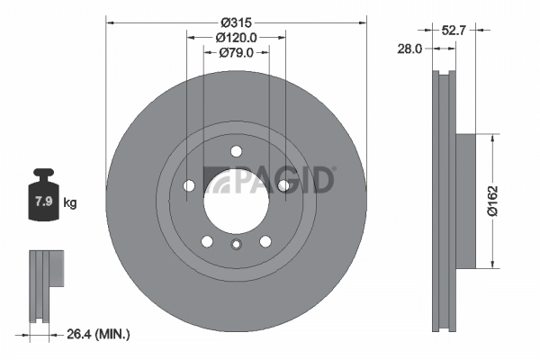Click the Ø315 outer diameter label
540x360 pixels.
237,21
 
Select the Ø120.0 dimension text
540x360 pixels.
237,38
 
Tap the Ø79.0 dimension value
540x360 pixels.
237,54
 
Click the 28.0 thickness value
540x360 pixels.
410,49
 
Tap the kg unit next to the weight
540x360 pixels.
70,203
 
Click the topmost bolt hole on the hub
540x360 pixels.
236,151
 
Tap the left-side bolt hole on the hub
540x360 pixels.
189,185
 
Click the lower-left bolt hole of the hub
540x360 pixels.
207,240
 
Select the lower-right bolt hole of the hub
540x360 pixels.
265,240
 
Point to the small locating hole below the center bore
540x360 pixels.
236,246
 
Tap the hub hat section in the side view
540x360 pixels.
465,202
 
